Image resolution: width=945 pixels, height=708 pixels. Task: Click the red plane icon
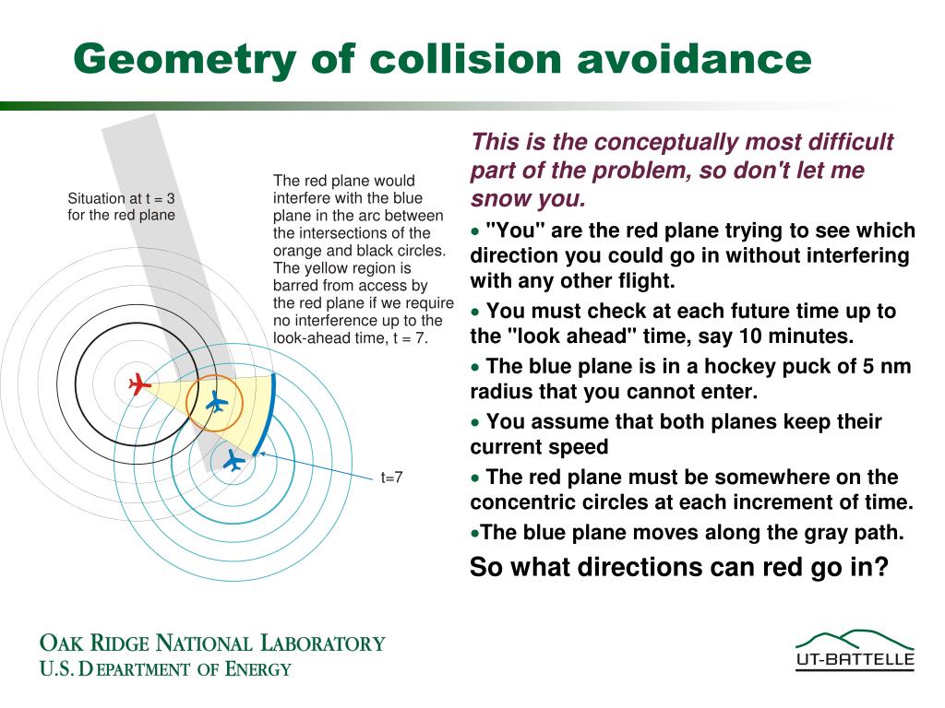(139, 383)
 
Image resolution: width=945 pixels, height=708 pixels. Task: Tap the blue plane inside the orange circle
(216, 402)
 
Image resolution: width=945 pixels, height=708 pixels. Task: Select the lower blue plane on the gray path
(233, 459)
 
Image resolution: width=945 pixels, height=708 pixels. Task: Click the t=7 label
(392, 478)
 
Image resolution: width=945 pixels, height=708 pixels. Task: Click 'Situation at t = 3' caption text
(121, 198)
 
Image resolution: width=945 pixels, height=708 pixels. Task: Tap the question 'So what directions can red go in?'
(678, 567)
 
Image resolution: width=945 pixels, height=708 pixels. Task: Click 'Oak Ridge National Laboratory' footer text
(211, 643)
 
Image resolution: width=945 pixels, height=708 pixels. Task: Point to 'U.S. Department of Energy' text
(165, 669)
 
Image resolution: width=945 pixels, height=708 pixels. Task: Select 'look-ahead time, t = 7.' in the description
(352, 337)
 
